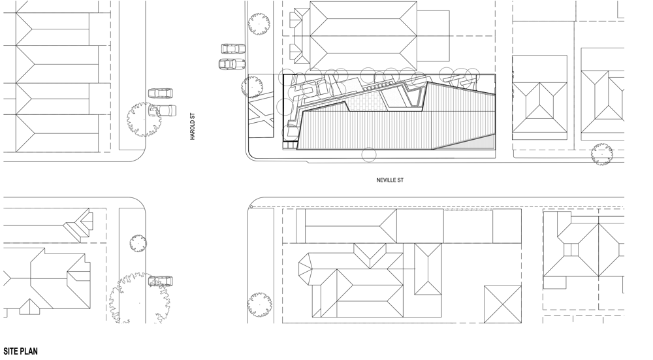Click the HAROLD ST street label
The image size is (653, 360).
tap(193, 127)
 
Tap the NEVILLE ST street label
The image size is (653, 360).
tap(390, 180)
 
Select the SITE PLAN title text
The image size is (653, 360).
tap(20, 352)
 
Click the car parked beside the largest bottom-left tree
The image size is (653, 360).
tap(161, 281)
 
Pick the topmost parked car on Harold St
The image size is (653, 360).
tap(233, 49)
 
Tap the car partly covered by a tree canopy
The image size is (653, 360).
tap(163, 110)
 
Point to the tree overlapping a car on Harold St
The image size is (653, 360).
tap(144, 119)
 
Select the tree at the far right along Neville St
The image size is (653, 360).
tap(602, 154)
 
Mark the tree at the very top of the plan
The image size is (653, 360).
tap(259, 24)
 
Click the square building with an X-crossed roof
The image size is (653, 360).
tap(503, 304)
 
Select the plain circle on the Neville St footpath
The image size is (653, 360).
tap(368, 155)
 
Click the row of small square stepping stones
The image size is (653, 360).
tap(377, 87)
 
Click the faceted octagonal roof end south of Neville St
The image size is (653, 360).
tap(310, 269)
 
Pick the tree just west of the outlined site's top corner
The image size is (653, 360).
tap(252, 87)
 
